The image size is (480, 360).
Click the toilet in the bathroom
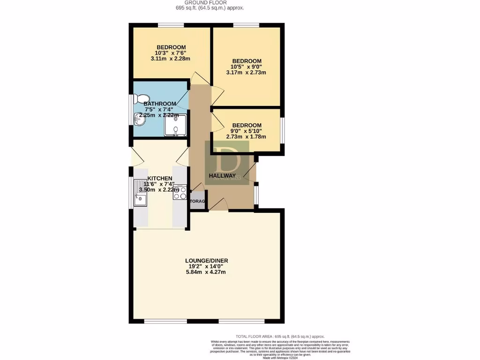138,99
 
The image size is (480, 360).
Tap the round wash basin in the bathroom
138,121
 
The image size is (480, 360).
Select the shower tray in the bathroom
175,125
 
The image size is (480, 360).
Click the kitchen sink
140,194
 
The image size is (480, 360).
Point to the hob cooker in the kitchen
180,193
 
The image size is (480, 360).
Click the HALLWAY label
222,175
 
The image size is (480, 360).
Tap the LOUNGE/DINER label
207,261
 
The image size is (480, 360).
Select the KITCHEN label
160,179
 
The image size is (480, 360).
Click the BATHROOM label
160,104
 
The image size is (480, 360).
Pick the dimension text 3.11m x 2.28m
171,59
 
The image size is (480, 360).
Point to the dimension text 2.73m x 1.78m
246,137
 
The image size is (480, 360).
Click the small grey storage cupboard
197,201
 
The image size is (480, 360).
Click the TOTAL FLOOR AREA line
280,337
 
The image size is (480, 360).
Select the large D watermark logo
227,162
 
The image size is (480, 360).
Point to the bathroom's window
131,111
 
